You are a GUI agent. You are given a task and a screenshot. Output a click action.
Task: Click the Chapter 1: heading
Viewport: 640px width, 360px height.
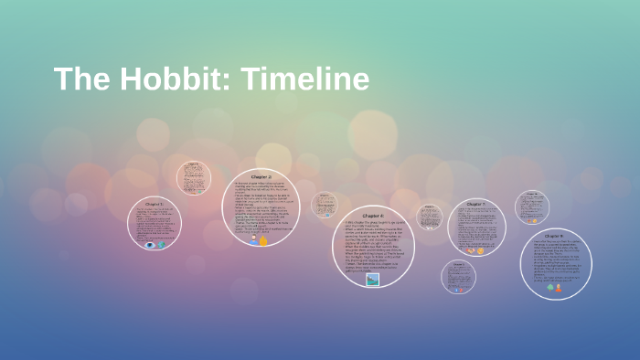click(x=155, y=203)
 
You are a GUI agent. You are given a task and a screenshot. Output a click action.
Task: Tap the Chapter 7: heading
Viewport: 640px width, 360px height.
click(x=476, y=203)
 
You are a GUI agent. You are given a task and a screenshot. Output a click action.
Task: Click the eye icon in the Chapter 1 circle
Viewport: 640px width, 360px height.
click(x=150, y=244)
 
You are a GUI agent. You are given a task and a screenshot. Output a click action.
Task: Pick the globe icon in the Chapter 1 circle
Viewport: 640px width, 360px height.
click(x=162, y=244)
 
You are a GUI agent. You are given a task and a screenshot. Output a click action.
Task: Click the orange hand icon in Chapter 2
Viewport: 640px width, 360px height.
click(x=263, y=240)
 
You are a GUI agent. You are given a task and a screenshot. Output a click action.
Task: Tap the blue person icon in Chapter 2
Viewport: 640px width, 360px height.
click(x=253, y=239)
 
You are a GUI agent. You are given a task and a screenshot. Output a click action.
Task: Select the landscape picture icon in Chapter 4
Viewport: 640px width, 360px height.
click(x=373, y=281)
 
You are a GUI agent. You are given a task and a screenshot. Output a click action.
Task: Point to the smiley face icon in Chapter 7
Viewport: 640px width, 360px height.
click(x=481, y=250)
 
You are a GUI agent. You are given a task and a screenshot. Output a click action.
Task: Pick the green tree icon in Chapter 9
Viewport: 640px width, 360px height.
click(x=550, y=287)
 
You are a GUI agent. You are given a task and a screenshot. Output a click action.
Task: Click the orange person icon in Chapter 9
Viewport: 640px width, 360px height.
click(x=560, y=287)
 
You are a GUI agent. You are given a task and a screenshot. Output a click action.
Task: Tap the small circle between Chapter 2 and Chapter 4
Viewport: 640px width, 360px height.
click(x=324, y=206)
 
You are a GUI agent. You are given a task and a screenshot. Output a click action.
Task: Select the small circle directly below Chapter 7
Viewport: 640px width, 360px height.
click(x=458, y=276)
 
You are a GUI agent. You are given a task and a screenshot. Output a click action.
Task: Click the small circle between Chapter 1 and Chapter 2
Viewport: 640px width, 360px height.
click(x=193, y=177)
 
